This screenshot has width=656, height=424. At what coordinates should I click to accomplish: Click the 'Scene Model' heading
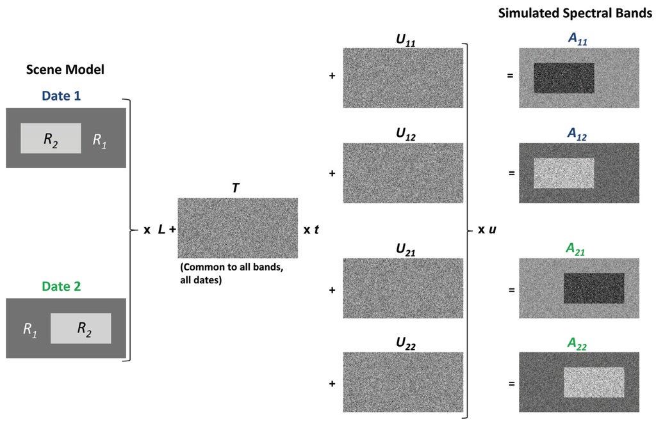point(65,70)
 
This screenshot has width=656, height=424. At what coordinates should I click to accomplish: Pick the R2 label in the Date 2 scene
point(84,329)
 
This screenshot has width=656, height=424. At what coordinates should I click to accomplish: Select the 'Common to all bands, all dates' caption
point(231,273)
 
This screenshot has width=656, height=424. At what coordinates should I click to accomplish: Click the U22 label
point(406,346)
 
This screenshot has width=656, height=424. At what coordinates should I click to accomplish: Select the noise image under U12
point(403,173)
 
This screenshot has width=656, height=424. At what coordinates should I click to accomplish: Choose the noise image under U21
point(403,287)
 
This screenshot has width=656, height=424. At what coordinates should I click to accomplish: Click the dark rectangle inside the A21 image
point(593,288)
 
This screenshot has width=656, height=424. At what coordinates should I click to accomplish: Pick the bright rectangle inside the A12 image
point(564,173)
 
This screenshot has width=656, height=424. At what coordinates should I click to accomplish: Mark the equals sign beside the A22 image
point(511,384)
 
